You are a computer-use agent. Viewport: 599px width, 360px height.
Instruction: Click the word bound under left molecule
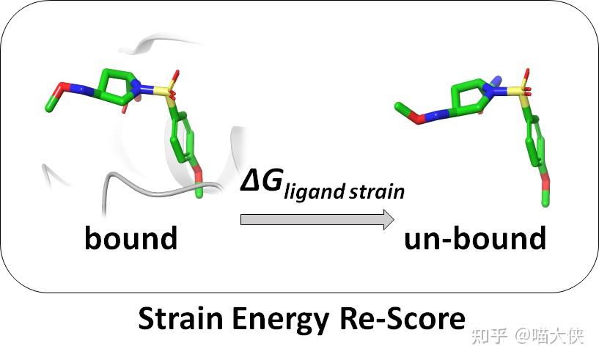point(131,238)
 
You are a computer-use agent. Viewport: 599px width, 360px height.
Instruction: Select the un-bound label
point(475,238)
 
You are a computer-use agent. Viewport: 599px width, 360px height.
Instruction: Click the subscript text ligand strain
point(345,193)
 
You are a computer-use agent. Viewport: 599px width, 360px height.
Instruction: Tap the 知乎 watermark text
point(490,336)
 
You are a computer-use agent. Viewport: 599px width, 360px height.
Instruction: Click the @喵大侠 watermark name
point(548,336)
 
